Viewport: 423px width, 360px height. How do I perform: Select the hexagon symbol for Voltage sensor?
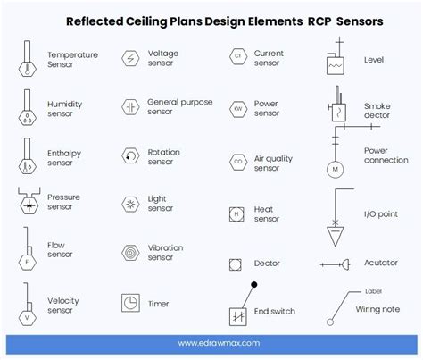coord(131,59)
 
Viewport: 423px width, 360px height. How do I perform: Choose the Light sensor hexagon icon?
coord(131,203)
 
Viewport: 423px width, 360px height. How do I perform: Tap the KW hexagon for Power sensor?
coord(237,109)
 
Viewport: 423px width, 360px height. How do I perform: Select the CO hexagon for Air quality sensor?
coord(237,161)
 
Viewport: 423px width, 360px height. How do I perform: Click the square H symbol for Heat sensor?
coord(236,214)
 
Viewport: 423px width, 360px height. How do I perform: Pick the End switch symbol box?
coord(238,314)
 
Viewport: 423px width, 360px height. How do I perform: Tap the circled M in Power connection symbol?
coord(336,168)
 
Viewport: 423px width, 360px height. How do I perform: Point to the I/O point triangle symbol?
coord(336,235)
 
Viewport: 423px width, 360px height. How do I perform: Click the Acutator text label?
coord(381,263)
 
